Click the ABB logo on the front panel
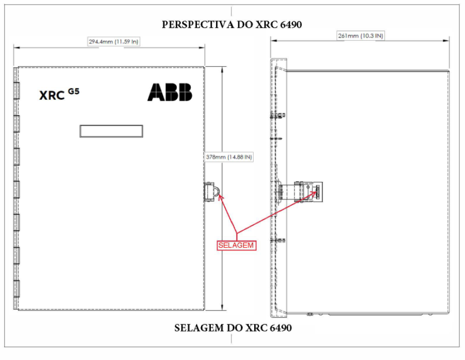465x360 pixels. point(170,92)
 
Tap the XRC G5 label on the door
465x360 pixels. point(59,95)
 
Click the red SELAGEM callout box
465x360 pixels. point(236,245)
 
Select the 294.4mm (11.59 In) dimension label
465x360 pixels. point(114,41)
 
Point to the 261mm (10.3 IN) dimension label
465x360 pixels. point(361,36)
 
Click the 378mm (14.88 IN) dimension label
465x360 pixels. point(229,157)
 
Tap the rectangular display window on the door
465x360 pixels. point(111,131)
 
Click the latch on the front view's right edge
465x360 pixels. point(212,192)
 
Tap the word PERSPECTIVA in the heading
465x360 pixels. point(198,25)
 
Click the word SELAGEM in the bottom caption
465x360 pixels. point(199,328)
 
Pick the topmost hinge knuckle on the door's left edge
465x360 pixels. point(17,91)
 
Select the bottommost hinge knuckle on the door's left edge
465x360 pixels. point(17,289)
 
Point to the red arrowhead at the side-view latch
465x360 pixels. point(314,193)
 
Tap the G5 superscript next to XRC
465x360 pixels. point(74,91)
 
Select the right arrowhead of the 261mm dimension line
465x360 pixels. point(446,41)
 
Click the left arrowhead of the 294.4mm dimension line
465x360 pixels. point(17,47)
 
